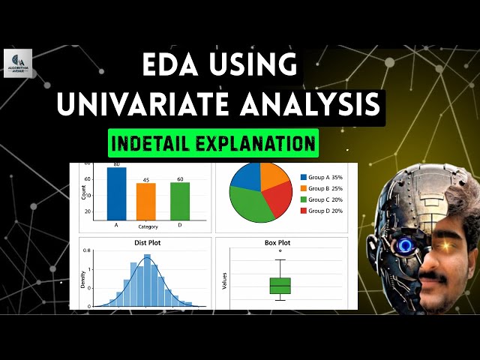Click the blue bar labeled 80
[x=116, y=193]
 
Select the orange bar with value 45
[x=146, y=200]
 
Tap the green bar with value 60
[x=179, y=200]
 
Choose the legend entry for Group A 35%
[x=321, y=177]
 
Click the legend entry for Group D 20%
[x=321, y=211]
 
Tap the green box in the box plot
[x=280, y=286]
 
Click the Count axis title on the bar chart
[x=83, y=190]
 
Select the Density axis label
[x=83, y=280]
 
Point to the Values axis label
[x=224, y=280]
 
